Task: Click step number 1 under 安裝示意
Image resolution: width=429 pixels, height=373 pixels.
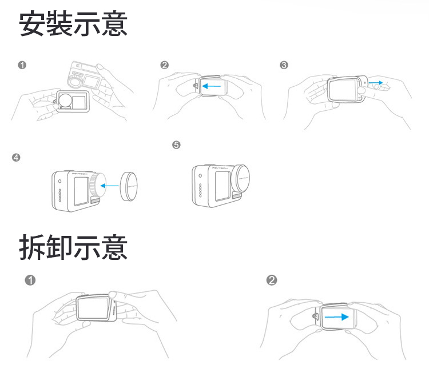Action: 22,65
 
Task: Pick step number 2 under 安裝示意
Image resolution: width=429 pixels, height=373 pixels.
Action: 165,65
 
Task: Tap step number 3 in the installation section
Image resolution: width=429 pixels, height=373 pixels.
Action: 284,65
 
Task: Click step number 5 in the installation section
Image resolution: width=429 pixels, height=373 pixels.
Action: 176,145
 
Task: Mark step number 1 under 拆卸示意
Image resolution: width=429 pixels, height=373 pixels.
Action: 30,280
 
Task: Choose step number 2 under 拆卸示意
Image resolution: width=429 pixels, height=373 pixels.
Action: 272,280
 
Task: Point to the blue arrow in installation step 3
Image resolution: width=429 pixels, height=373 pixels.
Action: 375,83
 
